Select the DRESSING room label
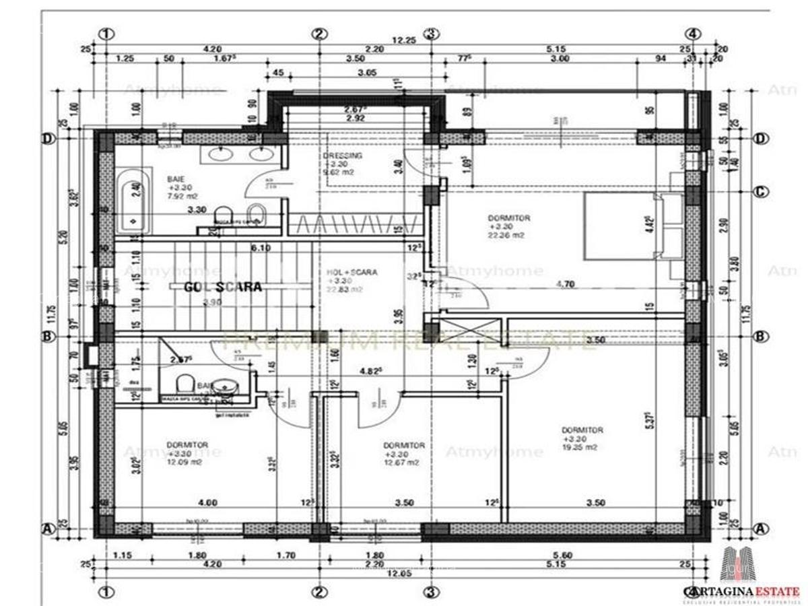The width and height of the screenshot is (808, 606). coord(343,156)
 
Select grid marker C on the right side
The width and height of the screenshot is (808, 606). coord(761,192)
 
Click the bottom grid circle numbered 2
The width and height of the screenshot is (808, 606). coord(319,592)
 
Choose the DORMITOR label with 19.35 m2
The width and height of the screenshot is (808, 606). coord(582,430)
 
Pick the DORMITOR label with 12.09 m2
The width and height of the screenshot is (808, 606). coord(187,445)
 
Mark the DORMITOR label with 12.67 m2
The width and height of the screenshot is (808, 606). coord(403,445)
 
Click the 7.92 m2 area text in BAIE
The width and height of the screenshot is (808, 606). coord(183,197)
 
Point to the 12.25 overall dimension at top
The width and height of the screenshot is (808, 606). coord(405,40)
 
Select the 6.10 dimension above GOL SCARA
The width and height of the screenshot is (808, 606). coord(261,248)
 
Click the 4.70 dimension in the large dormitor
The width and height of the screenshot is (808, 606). coord(565,284)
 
